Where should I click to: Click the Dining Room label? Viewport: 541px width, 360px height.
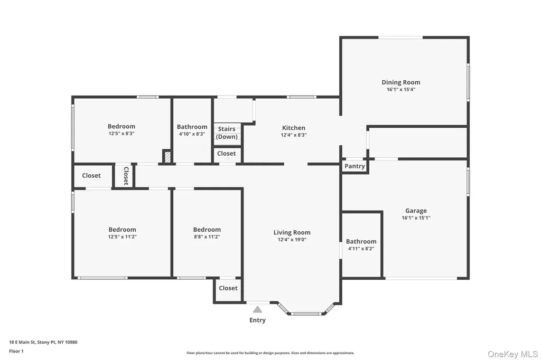400,82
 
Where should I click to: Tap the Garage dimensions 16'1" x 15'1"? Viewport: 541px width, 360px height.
416,217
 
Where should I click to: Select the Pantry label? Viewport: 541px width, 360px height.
355,166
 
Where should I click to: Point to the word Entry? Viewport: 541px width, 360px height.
257,320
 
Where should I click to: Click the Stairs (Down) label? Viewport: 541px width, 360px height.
227,133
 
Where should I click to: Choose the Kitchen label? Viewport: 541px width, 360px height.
294,128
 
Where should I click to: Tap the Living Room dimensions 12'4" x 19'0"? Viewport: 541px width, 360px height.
292,239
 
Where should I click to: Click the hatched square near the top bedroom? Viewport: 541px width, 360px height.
167,157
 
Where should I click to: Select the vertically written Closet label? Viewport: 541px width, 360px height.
126,176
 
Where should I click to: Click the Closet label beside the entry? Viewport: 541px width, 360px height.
228,288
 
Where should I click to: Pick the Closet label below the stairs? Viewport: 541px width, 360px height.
226,154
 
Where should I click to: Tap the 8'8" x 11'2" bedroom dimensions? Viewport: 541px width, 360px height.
207,236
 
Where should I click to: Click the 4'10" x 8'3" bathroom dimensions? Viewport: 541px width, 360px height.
192,134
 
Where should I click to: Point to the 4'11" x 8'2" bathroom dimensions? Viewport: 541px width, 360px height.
361,248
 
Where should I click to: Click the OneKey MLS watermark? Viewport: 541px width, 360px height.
512,354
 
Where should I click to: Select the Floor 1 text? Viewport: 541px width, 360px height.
16,351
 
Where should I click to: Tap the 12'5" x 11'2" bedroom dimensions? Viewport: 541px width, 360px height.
122,236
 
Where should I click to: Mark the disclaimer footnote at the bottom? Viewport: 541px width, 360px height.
270,353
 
